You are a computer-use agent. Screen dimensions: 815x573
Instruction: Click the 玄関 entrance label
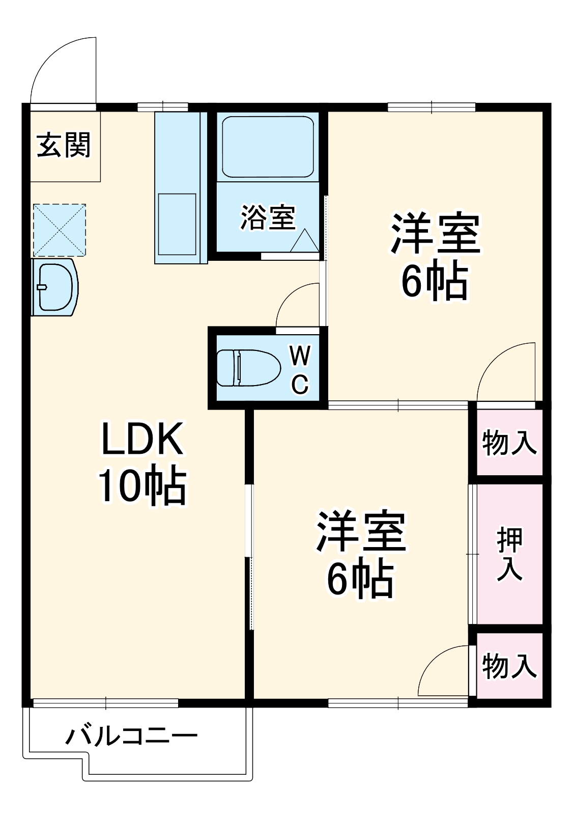[x=64, y=145]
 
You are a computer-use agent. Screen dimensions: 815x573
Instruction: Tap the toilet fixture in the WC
[x=248, y=367]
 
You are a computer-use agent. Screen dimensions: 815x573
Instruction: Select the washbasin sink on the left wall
[x=54, y=287]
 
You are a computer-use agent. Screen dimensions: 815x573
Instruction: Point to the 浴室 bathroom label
[x=268, y=218]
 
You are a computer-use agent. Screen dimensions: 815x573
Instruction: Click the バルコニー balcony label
[x=131, y=736]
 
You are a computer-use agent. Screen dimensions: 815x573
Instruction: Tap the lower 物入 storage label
[x=509, y=666]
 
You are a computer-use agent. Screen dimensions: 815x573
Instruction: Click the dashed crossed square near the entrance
[x=60, y=230]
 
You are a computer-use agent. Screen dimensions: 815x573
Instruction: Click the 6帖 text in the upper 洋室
[x=435, y=282]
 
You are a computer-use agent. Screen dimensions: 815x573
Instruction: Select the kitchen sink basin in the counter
[x=177, y=224]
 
